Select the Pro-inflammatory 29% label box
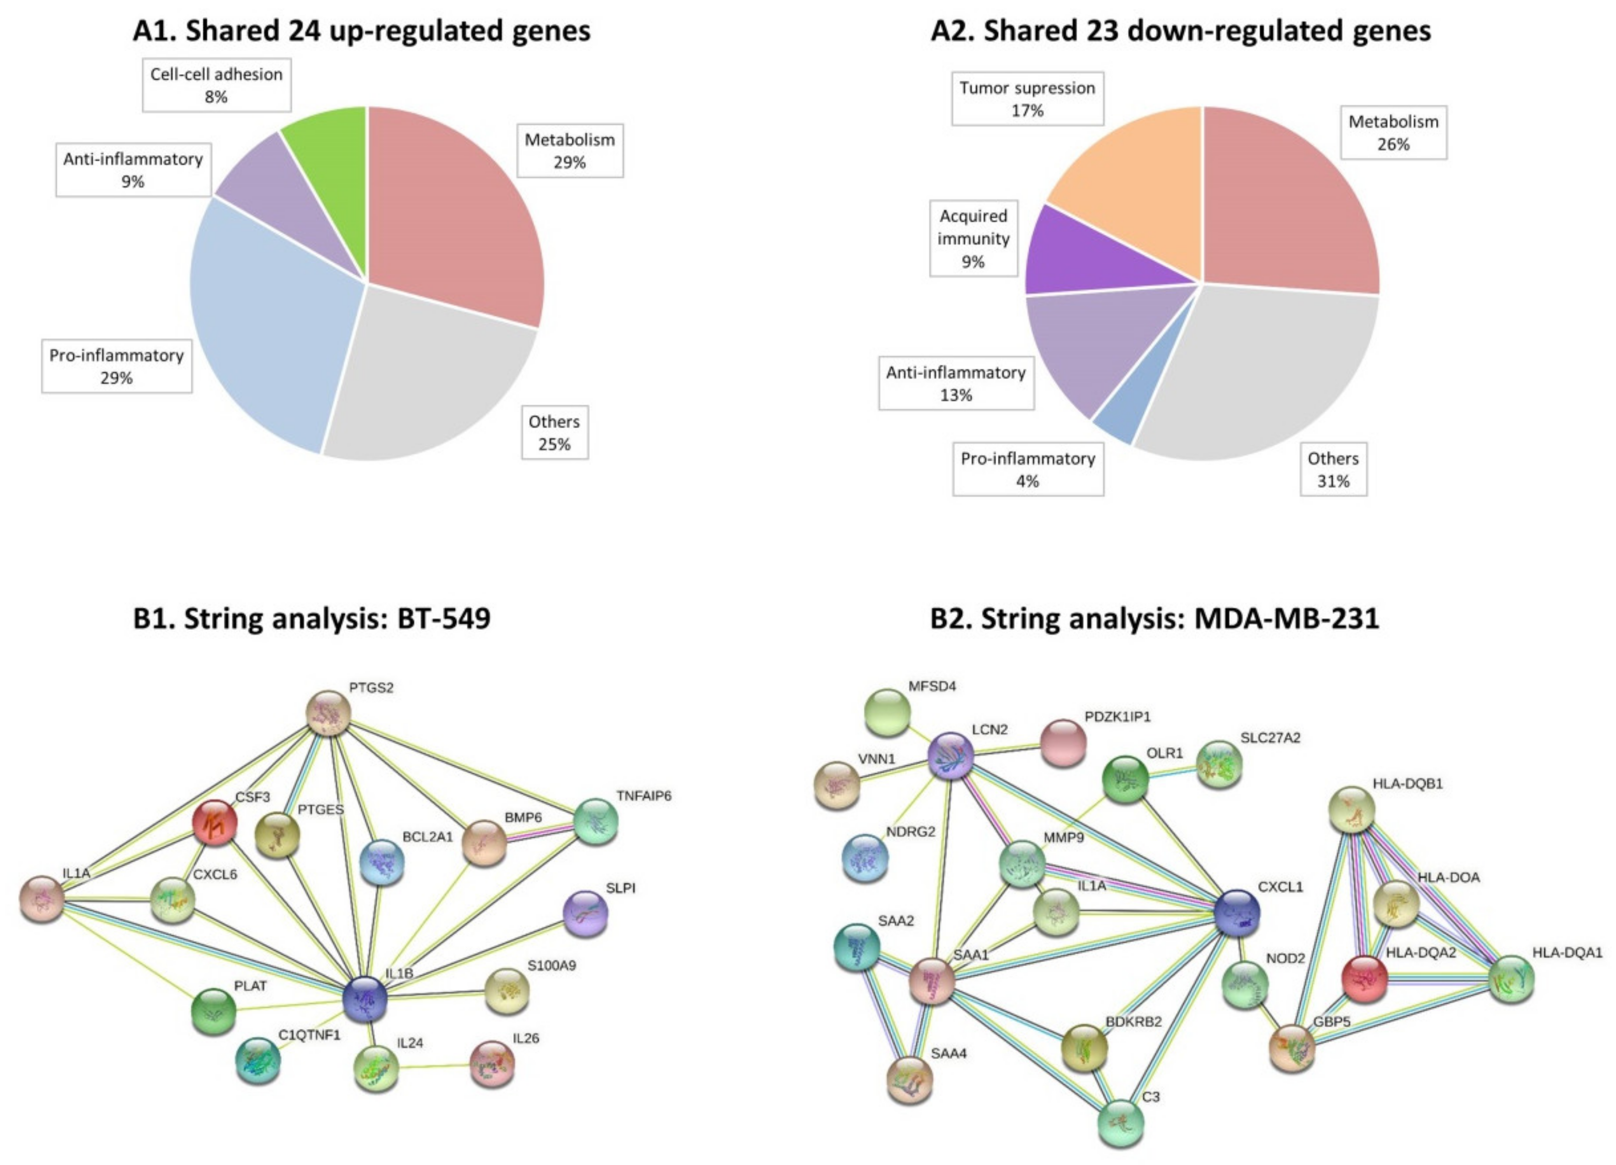pos(116,366)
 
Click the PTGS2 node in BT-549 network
pos(328,712)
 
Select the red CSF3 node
pos(215,822)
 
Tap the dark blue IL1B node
pos(365,999)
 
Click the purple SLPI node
pos(586,913)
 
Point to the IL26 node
pos(492,1064)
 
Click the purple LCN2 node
pos(951,756)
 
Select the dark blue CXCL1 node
pos(1236,913)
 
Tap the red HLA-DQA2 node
pos(1364,979)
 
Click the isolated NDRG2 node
pos(865,857)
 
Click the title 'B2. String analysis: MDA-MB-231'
pos(1154,618)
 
